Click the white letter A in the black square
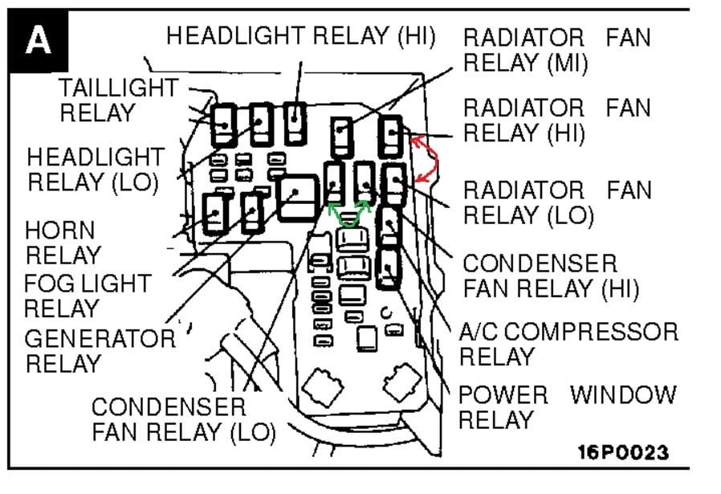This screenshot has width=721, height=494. click(38, 40)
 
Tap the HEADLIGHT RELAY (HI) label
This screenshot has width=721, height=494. click(300, 35)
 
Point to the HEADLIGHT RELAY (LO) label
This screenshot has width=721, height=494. click(96, 169)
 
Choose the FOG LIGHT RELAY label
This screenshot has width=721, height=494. click(87, 296)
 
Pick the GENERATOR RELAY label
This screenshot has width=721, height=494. click(99, 350)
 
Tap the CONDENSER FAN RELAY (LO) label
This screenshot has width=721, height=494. click(183, 419)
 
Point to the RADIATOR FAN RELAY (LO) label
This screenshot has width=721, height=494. click(556, 203)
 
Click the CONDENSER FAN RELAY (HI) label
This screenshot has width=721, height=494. click(551, 276)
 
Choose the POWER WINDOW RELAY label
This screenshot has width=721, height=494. click(567, 406)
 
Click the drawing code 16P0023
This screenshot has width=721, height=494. click(622, 452)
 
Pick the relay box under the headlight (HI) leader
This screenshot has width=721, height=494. click(296, 121)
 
